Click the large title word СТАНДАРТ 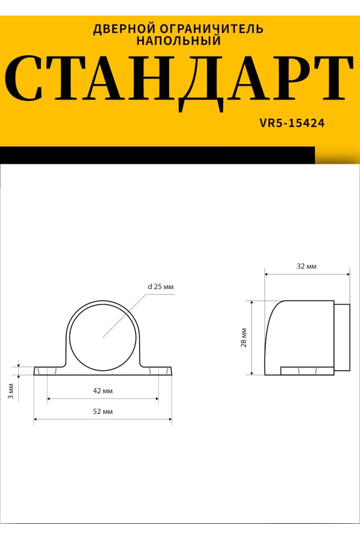click(179, 83)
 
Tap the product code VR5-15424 click(292, 123)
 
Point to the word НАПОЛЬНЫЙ click(178, 40)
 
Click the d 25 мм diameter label click(161, 287)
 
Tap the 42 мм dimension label click(103, 391)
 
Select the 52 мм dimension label click(103, 412)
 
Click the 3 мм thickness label click(11, 391)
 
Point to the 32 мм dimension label click(307, 266)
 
